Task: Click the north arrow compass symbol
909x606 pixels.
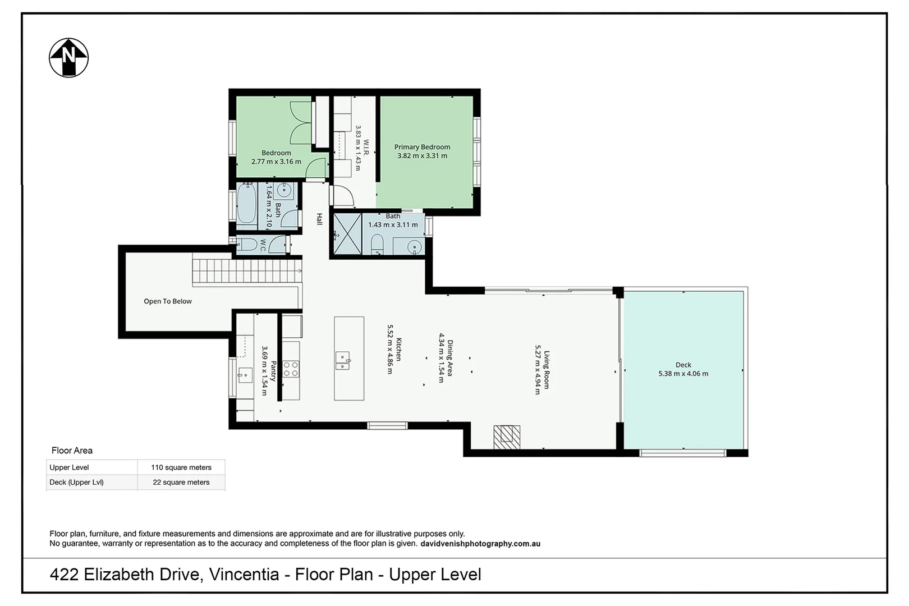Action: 68,58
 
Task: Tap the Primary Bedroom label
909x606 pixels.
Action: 422,147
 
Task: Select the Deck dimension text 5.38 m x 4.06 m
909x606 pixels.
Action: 683,374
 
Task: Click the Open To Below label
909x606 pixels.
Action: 168,301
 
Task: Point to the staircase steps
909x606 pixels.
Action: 247,271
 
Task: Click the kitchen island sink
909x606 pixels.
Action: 342,360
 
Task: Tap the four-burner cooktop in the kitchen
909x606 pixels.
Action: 291,369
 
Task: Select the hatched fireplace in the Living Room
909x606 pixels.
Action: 507,437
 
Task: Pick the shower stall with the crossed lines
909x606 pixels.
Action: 347,234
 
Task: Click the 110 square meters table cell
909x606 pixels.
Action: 181,467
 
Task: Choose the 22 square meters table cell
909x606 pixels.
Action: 181,482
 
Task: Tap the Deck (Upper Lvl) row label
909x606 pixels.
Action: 76,482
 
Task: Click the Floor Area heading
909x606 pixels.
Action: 72,450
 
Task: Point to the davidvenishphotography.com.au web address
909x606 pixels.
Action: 480,544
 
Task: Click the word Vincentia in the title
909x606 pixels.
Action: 244,575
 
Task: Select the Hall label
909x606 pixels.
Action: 319,219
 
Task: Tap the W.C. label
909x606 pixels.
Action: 263,245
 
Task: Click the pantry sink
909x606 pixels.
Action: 245,375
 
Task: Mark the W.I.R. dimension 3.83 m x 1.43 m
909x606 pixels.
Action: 358,148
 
